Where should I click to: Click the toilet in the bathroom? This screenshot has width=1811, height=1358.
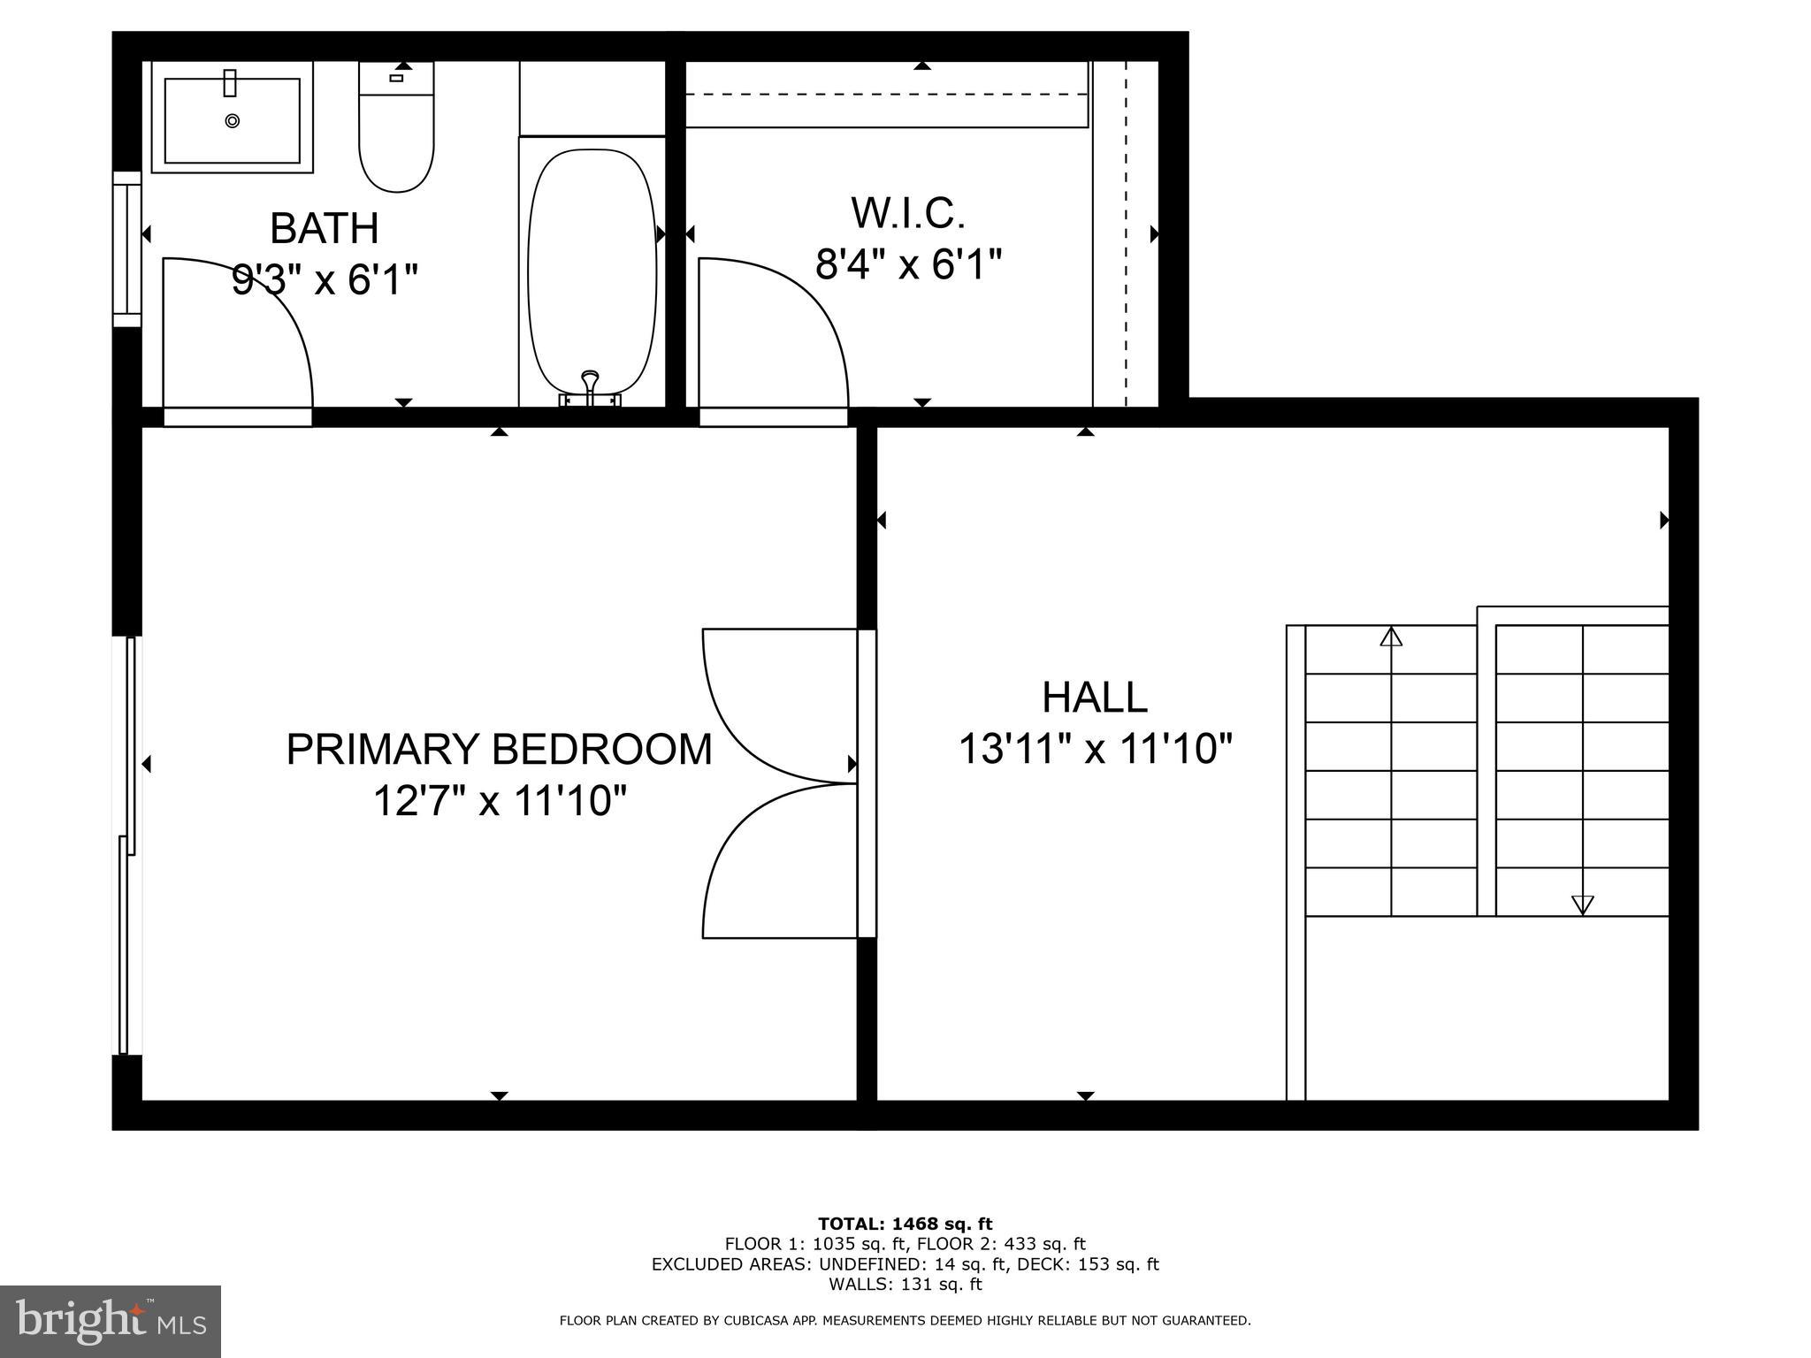click(x=396, y=133)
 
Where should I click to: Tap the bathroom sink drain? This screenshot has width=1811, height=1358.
click(x=232, y=121)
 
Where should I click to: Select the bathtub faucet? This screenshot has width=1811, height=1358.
click(x=590, y=389)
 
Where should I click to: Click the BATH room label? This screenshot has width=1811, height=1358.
click(x=324, y=228)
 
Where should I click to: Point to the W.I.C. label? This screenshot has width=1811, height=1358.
click(x=907, y=213)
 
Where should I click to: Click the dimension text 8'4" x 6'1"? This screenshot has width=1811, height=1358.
click(x=907, y=263)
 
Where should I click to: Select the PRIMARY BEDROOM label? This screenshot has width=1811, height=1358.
click(x=499, y=749)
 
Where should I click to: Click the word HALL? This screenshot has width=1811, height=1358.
click(x=1094, y=697)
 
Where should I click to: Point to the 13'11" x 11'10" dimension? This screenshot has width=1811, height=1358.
click(x=1094, y=750)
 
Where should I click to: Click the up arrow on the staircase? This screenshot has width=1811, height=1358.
click(x=1391, y=637)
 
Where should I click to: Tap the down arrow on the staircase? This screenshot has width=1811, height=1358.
click(x=1582, y=904)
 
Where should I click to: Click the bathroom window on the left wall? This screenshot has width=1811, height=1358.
click(x=127, y=248)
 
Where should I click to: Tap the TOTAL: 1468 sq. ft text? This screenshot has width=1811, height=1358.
click(x=905, y=1224)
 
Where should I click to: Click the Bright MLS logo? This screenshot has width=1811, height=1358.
click(x=111, y=1321)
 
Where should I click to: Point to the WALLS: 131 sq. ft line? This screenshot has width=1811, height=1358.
click(x=905, y=1284)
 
